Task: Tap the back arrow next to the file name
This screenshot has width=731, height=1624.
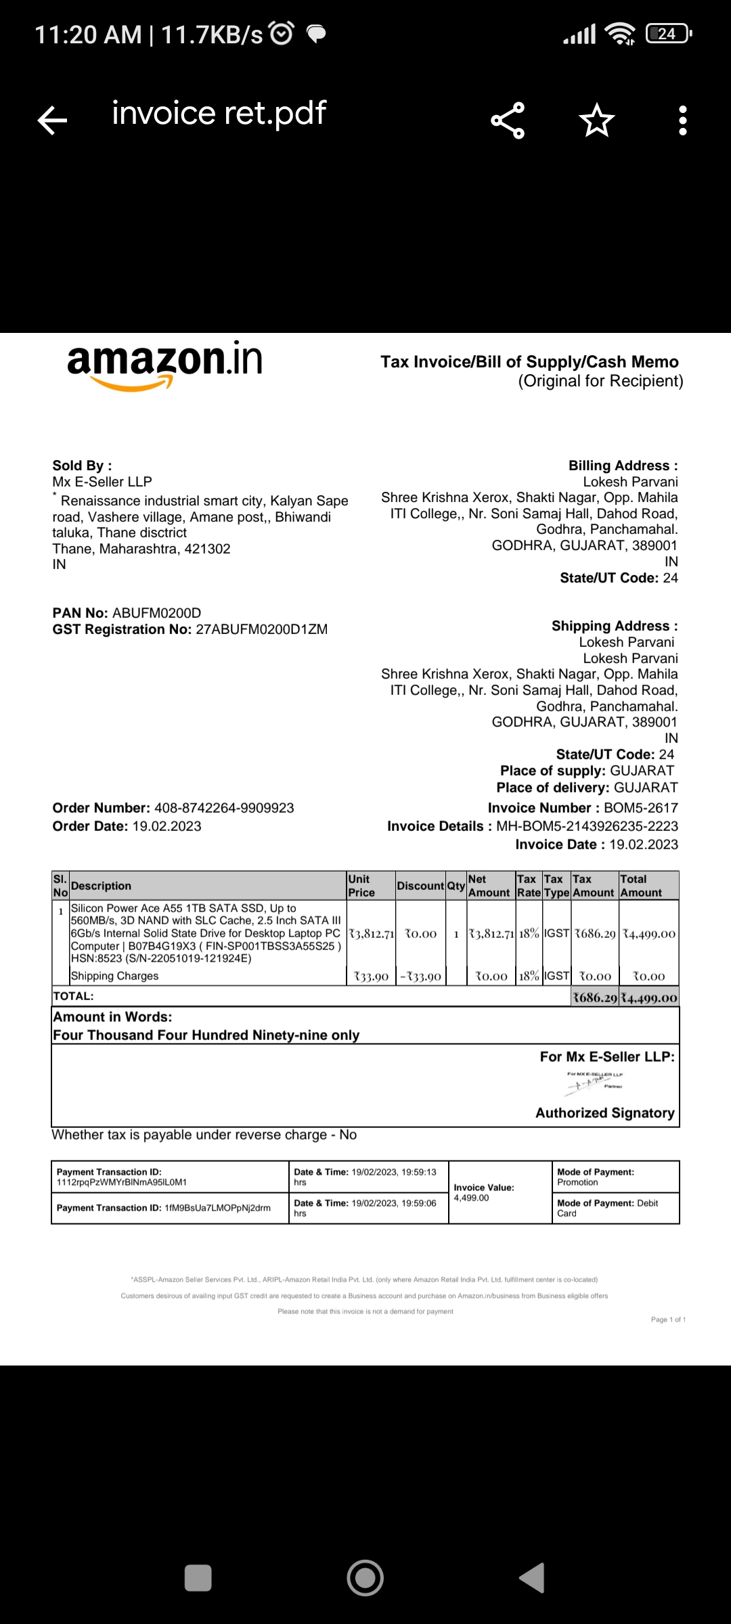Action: [52, 120]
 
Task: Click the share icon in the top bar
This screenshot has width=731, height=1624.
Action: [508, 120]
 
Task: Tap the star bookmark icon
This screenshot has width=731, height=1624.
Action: [596, 120]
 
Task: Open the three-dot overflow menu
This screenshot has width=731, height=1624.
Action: [682, 120]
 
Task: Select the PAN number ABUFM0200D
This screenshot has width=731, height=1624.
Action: [156, 613]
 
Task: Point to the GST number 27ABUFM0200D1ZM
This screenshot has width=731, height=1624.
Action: [261, 629]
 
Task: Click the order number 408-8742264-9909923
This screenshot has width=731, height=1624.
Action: [224, 808]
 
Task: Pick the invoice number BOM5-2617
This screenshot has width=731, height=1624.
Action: [640, 808]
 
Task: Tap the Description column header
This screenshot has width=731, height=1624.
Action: [102, 886]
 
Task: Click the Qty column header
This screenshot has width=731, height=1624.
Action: [456, 886]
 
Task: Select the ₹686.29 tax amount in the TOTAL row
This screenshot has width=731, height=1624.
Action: [595, 997]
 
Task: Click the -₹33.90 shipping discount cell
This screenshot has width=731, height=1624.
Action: [420, 976]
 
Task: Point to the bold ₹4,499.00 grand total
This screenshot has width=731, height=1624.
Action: [649, 997]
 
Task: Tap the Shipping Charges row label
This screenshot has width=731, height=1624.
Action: [114, 976]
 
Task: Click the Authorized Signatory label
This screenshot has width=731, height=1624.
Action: [604, 1113]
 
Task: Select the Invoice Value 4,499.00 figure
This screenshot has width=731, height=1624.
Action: [471, 1198]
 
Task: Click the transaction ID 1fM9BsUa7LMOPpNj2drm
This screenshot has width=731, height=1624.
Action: [217, 1208]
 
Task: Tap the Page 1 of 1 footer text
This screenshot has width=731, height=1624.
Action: [668, 1319]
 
